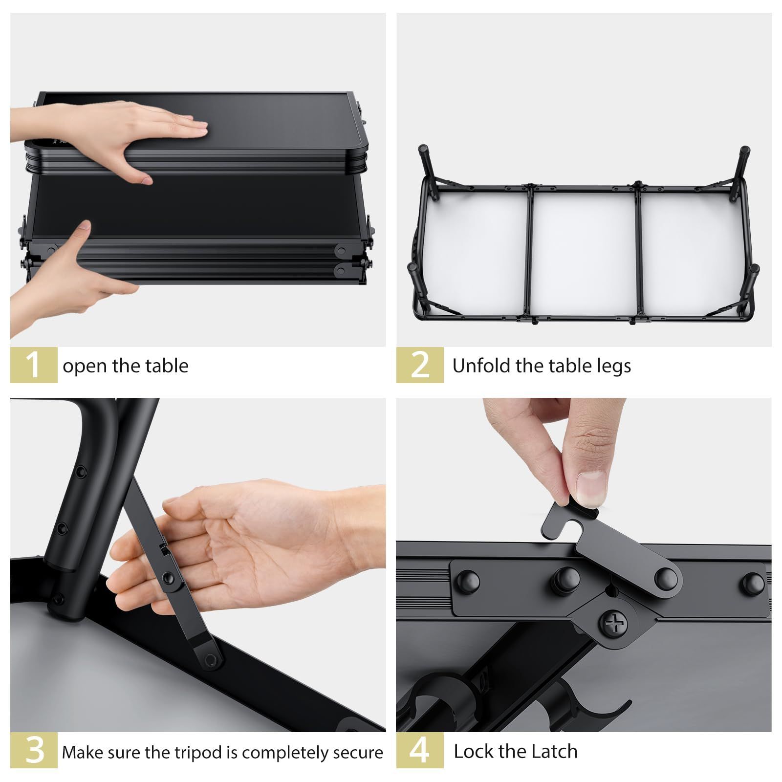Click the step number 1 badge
34,365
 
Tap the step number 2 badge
420,365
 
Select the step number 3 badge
34,750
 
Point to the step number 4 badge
420,750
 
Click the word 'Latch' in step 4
555,751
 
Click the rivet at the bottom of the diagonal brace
211,659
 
